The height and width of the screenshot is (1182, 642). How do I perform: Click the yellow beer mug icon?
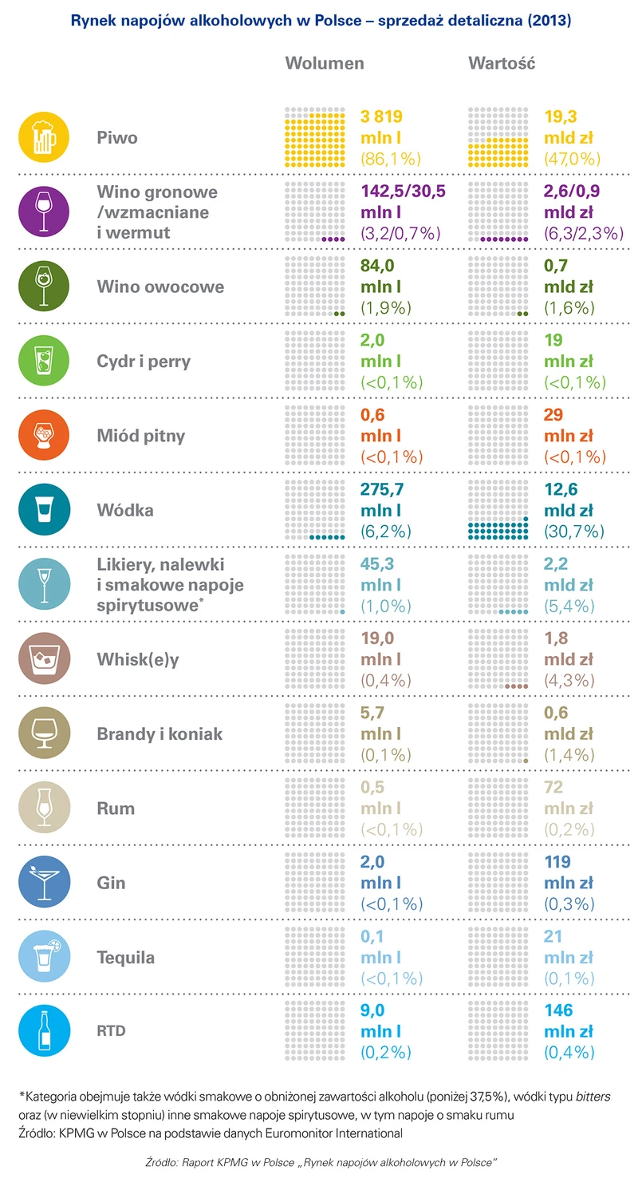(x=45, y=137)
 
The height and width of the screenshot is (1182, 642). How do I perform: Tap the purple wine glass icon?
(x=45, y=212)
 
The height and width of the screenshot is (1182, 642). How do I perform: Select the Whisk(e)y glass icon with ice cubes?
(x=45, y=659)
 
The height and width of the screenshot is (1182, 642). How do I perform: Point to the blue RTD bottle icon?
(x=45, y=1032)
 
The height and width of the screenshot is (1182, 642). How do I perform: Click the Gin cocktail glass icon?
(x=45, y=883)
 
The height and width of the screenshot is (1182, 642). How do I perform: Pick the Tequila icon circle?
(x=45, y=957)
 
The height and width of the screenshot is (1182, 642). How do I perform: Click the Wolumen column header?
(x=325, y=63)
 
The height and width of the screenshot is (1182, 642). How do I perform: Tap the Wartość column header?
(x=502, y=63)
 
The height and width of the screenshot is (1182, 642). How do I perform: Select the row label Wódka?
(x=125, y=510)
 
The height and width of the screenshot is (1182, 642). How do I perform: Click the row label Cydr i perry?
(x=144, y=362)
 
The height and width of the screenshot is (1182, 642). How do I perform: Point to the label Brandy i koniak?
(x=160, y=733)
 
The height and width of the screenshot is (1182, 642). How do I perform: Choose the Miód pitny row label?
(x=140, y=436)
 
